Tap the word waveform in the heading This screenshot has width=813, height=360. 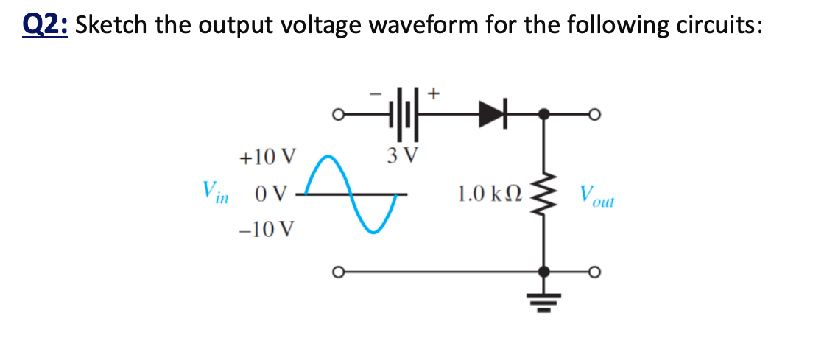click(421, 25)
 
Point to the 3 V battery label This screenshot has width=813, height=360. click(402, 155)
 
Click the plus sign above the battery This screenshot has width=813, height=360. click(434, 93)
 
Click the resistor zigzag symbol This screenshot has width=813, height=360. click(544, 194)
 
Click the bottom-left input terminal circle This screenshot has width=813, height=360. click(339, 272)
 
